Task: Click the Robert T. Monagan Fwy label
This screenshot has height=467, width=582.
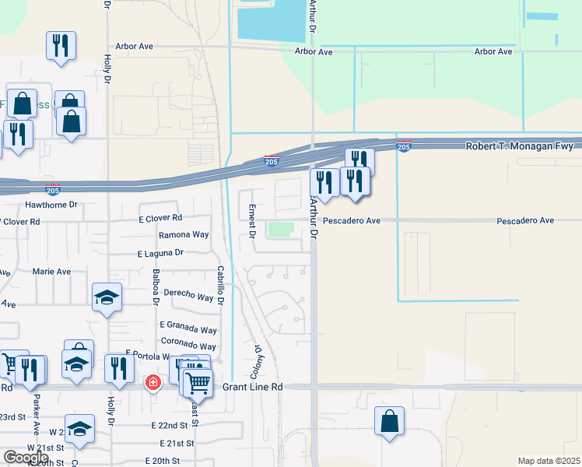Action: click(519, 146)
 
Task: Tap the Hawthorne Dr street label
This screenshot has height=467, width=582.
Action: click(53, 205)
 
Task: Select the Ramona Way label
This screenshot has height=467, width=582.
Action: click(184, 234)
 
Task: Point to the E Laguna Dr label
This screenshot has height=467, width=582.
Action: click(160, 253)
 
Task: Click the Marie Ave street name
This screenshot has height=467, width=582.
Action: click(51, 272)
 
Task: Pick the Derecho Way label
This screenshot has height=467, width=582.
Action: click(184, 297)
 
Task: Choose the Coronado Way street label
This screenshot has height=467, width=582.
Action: click(188, 346)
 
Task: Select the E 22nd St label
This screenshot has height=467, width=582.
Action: click(170, 425)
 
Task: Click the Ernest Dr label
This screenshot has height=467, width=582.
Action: click(252, 220)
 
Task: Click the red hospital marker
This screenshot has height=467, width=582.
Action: click(153, 383)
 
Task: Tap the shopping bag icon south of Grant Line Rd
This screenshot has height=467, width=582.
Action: click(389, 422)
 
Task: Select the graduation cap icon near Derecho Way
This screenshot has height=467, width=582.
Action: click(107, 297)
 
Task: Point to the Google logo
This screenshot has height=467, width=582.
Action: click(26, 458)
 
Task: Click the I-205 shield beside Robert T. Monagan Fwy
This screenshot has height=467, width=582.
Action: click(403, 146)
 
